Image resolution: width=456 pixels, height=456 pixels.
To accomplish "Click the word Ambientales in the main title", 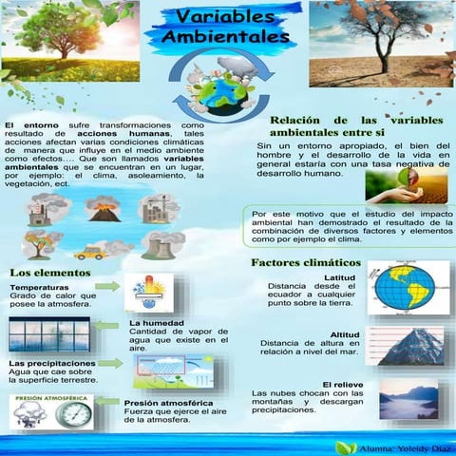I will click(225, 38).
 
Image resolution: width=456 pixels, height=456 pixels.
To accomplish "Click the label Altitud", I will click(343, 335).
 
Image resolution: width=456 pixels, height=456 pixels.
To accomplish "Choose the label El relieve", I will click(338, 383).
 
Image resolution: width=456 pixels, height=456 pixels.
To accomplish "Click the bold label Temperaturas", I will click(40, 287).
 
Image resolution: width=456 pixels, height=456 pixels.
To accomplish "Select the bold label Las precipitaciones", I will click(52, 364).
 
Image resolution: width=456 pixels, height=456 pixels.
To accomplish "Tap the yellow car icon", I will click(90, 253).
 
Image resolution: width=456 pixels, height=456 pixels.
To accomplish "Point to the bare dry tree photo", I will click(380, 38).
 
